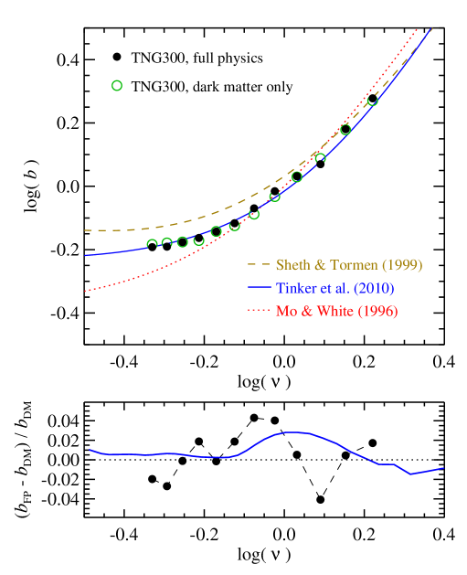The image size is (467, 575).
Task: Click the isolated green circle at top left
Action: pyautogui.click(x=117, y=86)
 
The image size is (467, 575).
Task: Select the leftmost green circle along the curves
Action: pyautogui.click(x=152, y=245)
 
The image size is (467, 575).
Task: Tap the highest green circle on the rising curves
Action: pyautogui.click(x=372, y=101)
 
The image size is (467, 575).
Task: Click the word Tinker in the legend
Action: pyautogui.click(x=295, y=288)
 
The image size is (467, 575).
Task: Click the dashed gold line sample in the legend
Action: pyautogui.click(x=259, y=265)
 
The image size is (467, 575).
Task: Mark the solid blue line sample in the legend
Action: pyautogui.click(x=259, y=288)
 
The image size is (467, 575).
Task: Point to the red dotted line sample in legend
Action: pyautogui.click(x=259, y=311)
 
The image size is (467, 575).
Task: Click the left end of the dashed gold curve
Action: pyautogui.click(x=85, y=230)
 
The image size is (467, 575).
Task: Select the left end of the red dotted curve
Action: pyautogui.click(x=85, y=291)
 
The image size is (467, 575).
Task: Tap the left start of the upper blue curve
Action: pyautogui.click(x=85, y=255)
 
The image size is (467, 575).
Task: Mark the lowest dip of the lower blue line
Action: pyautogui.click(x=411, y=474)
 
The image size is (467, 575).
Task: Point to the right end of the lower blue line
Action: pyautogui.click(x=444, y=468)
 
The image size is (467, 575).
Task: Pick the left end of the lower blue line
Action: pyautogui.click(x=90, y=449)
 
